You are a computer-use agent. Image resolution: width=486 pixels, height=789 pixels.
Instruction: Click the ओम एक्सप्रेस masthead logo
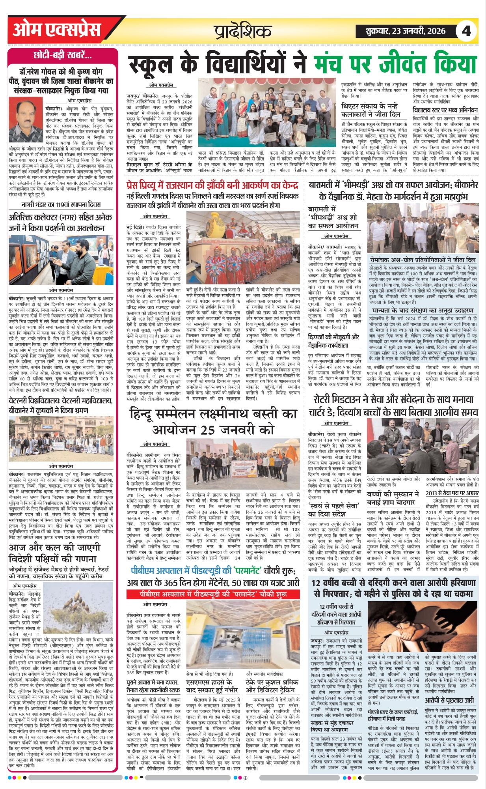click(x=57, y=30)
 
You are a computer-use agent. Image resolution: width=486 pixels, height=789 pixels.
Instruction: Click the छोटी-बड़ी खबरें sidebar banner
click(x=63, y=55)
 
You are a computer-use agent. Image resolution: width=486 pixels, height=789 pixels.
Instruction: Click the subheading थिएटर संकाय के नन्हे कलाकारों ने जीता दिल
click(x=371, y=110)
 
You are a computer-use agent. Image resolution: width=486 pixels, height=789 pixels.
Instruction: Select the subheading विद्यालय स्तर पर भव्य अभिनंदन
click(x=445, y=110)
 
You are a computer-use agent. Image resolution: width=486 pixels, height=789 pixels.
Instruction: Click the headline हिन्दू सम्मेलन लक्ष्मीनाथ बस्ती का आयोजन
click(x=213, y=421)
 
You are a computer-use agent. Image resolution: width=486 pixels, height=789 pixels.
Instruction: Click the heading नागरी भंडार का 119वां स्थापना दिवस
click(x=61, y=205)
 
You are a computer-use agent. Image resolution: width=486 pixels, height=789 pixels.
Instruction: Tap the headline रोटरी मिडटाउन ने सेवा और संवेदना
click(x=393, y=406)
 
